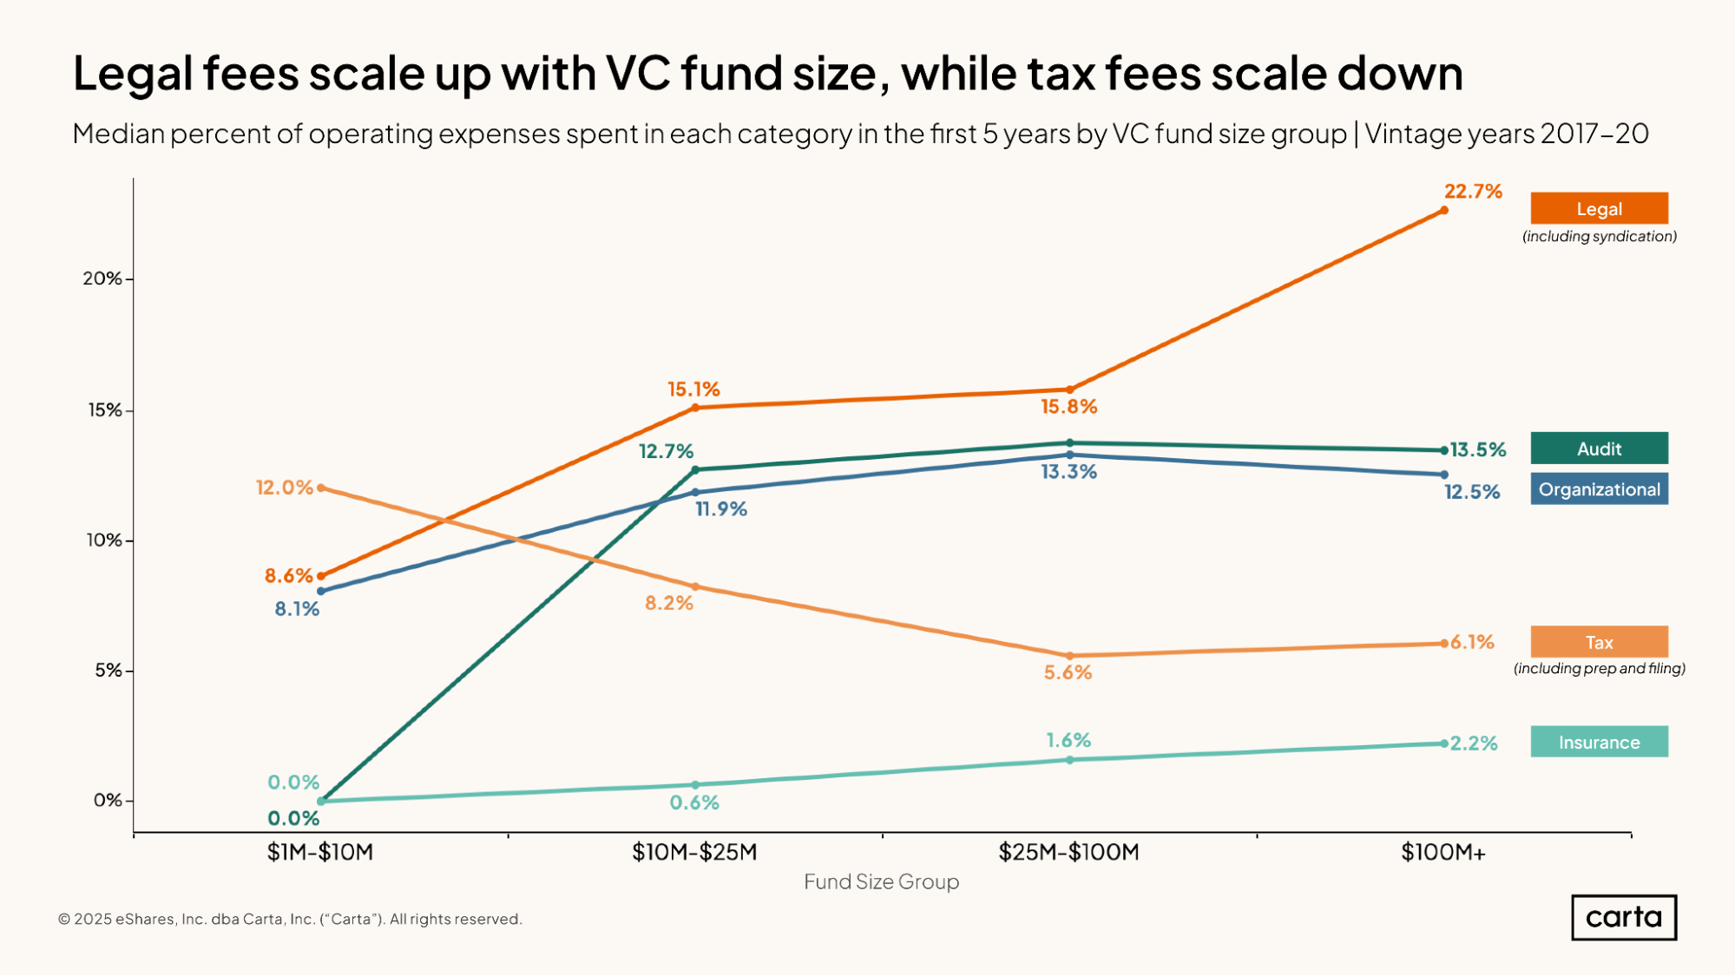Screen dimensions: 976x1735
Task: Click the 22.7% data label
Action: (x=1473, y=192)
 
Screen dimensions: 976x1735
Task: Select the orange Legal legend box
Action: (x=1599, y=209)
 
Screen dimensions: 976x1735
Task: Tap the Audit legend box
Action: (x=1599, y=449)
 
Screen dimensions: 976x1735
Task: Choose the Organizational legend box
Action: (x=1599, y=489)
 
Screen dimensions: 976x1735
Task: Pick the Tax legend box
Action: (x=1599, y=642)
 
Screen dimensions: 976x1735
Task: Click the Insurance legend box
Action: (x=1599, y=743)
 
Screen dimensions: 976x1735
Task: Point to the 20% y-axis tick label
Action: (x=102, y=278)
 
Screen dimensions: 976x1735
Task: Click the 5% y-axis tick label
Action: (x=108, y=671)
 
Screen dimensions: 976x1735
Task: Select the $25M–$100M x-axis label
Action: (x=1068, y=852)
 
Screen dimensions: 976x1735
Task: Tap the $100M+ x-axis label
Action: (x=1443, y=852)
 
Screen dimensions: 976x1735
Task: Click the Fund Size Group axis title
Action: (x=881, y=882)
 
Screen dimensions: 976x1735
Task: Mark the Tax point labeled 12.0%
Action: (x=321, y=488)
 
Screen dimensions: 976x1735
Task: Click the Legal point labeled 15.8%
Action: (x=1069, y=390)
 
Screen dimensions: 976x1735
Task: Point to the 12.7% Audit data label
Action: (x=666, y=451)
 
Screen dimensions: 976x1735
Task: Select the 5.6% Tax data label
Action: (x=1068, y=672)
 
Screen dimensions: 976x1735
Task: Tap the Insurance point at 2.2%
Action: (x=1444, y=743)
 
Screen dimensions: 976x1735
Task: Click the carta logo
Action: (x=1623, y=917)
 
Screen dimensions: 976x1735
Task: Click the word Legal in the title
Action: (x=133, y=74)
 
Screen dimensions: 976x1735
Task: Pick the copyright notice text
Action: (x=290, y=919)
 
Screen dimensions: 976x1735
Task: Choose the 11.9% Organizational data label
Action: (x=721, y=509)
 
